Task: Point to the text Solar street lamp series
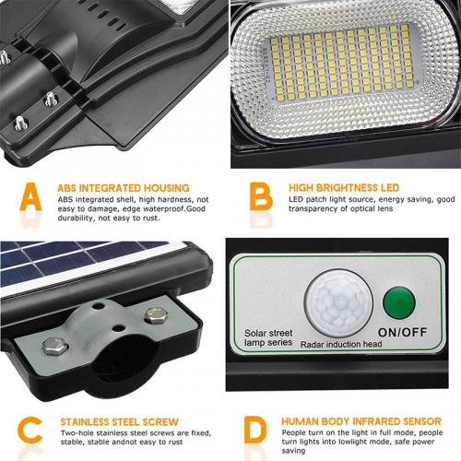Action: tap(269, 337)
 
